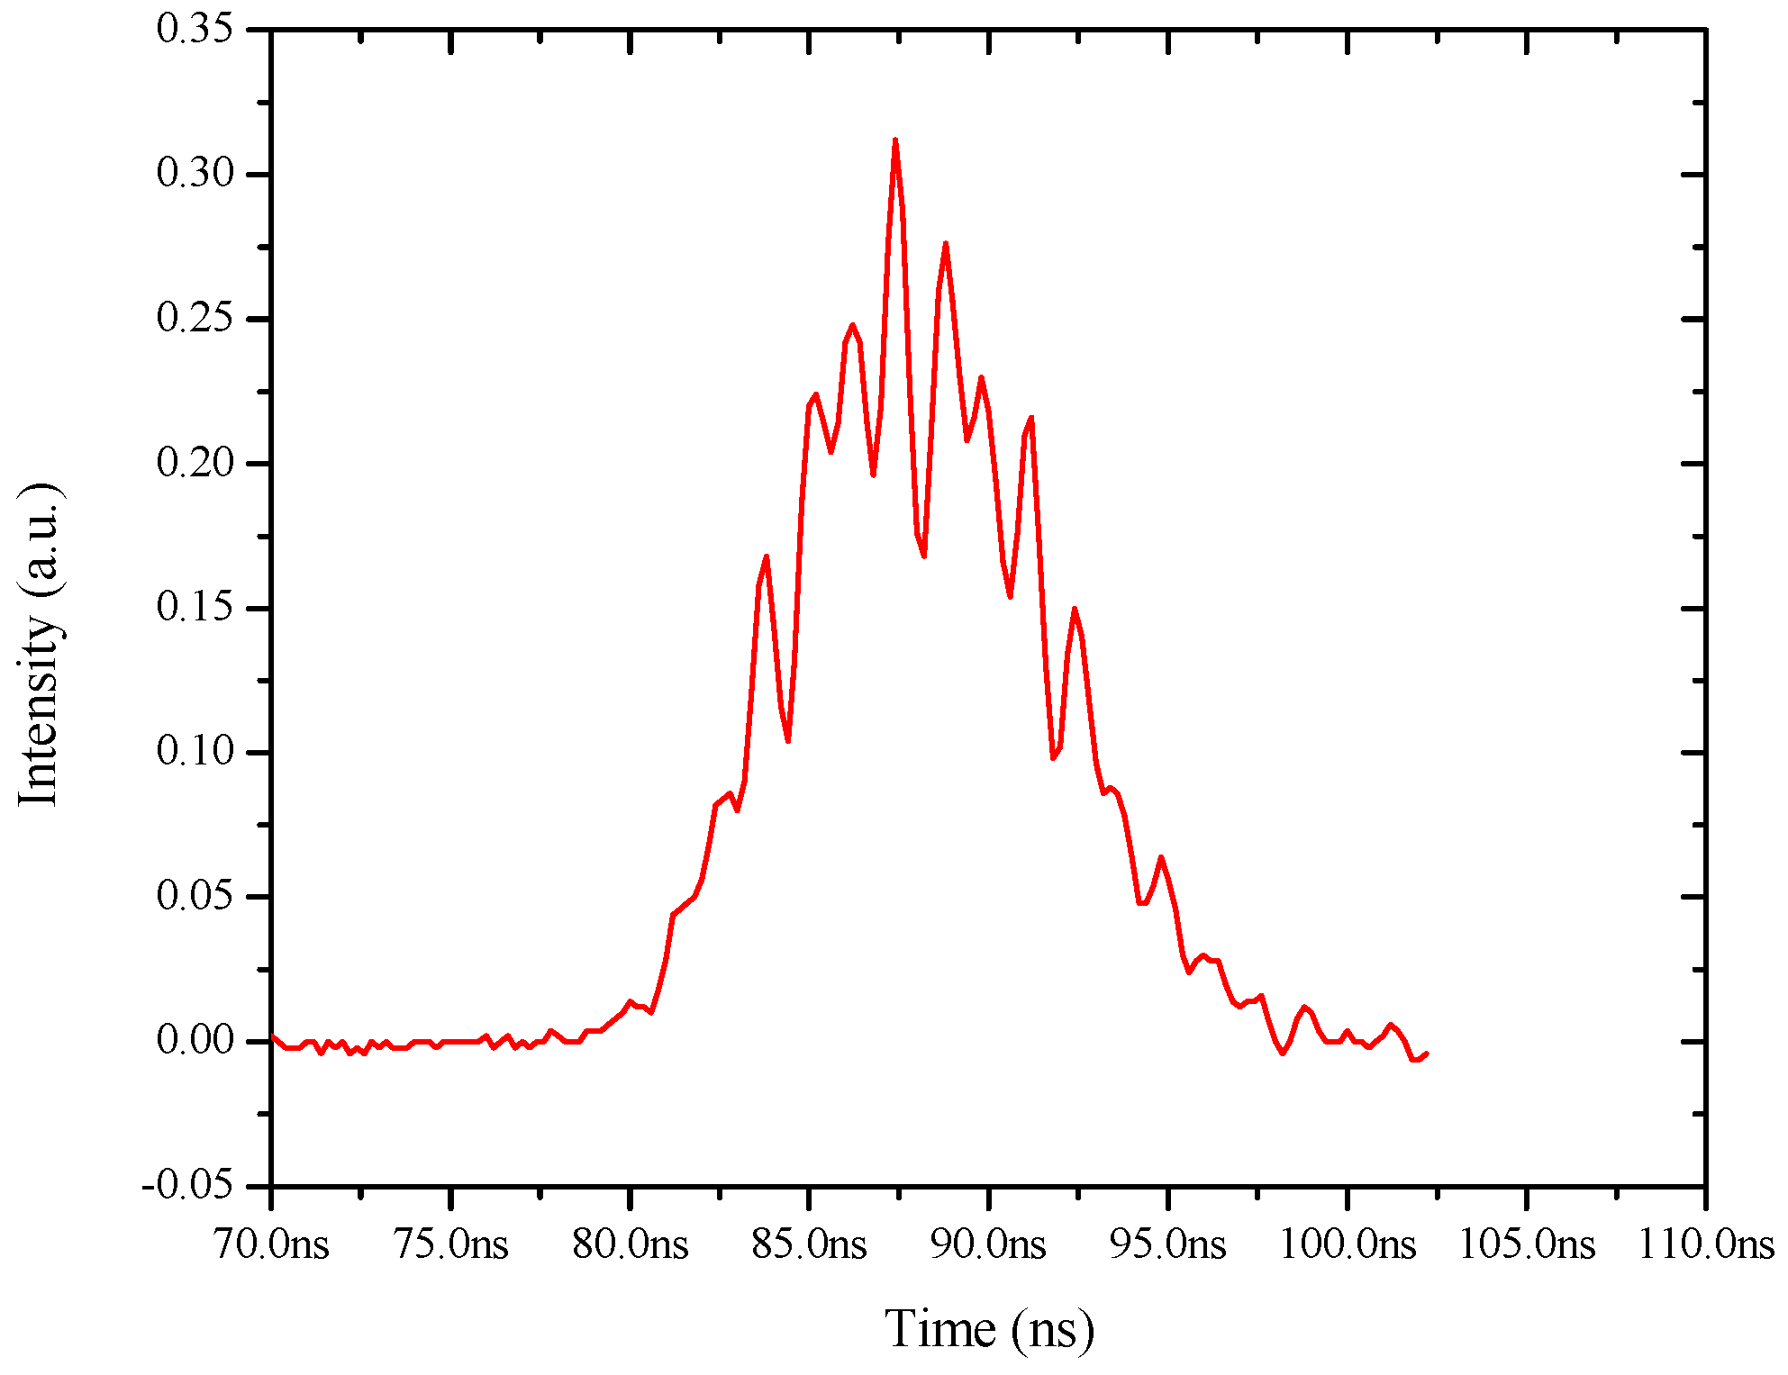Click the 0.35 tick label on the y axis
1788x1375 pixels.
195,28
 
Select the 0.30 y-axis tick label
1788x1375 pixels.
195,173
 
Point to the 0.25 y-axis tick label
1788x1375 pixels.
195,318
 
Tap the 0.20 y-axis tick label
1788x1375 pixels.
195,463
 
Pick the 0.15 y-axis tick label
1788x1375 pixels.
195,608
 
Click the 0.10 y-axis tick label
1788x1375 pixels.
195,752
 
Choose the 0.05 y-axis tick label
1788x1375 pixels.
195,897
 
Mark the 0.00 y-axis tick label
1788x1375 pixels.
195,1042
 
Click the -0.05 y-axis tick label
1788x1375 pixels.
186,1186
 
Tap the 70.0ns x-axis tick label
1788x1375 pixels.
271,1245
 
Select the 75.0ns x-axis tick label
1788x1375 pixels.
450,1245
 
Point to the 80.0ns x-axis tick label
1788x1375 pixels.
631,1245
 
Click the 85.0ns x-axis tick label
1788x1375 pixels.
809,1245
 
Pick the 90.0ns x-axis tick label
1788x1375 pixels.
989,1245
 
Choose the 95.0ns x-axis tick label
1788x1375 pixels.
1168,1245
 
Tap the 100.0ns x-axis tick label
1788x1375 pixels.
1348,1245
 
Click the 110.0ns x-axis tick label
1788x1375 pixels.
1705,1245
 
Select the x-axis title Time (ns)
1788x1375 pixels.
989,1329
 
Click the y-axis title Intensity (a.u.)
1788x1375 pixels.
41,645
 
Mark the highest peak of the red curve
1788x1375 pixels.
894,140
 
